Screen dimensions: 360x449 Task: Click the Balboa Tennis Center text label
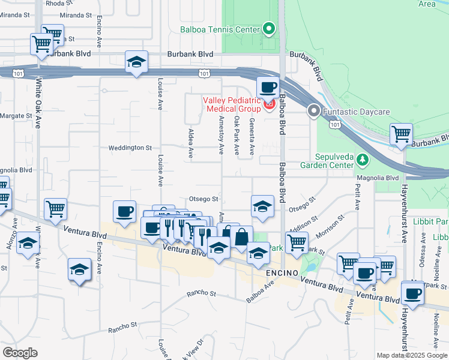click(220, 29)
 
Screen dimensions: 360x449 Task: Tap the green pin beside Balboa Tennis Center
click(268, 28)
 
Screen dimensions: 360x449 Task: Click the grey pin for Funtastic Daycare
click(313, 111)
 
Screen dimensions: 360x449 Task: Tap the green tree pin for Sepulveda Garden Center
click(362, 160)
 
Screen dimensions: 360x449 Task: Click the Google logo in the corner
click(20, 352)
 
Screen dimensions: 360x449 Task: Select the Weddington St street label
click(130, 148)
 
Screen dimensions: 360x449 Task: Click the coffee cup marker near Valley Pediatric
click(268, 88)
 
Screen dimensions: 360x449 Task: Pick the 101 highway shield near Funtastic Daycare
click(334, 124)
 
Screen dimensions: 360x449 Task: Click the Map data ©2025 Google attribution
click(412, 355)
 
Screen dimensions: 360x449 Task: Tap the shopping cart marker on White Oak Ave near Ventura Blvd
click(55, 209)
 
